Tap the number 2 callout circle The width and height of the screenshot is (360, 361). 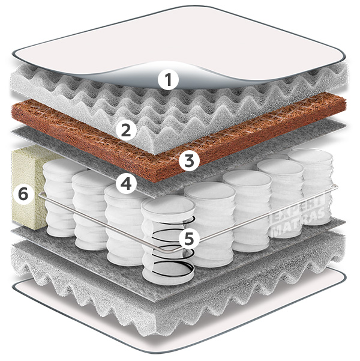[x=126, y=130]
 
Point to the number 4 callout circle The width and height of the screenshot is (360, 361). [x=126, y=184]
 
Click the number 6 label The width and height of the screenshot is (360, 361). [x=23, y=194]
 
